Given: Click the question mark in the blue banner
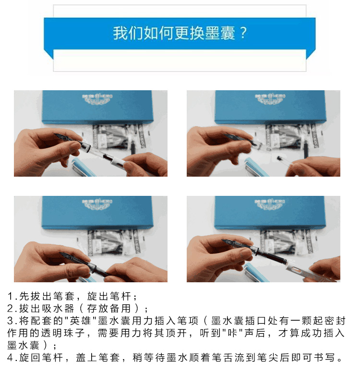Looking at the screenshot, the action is click(243, 33).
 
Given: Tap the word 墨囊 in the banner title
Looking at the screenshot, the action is click(220, 33).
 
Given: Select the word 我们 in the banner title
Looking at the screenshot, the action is click(128, 33).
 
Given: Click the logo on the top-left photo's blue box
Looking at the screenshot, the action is click(97, 99).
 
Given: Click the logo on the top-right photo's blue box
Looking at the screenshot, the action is click(270, 99).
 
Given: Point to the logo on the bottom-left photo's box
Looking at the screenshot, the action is click(97, 204).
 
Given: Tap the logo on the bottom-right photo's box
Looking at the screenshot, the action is click(270, 204).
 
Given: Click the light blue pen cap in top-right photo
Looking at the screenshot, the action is click(256, 167).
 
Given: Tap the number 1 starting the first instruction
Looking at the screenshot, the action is click(10, 296).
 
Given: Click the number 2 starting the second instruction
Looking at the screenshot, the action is click(10, 309).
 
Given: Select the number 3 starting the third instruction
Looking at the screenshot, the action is click(10, 321).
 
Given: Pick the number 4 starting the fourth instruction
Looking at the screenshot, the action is click(10, 358).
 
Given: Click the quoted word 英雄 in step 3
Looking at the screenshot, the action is click(81, 321).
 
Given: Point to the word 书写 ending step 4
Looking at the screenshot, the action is click(324, 358).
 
